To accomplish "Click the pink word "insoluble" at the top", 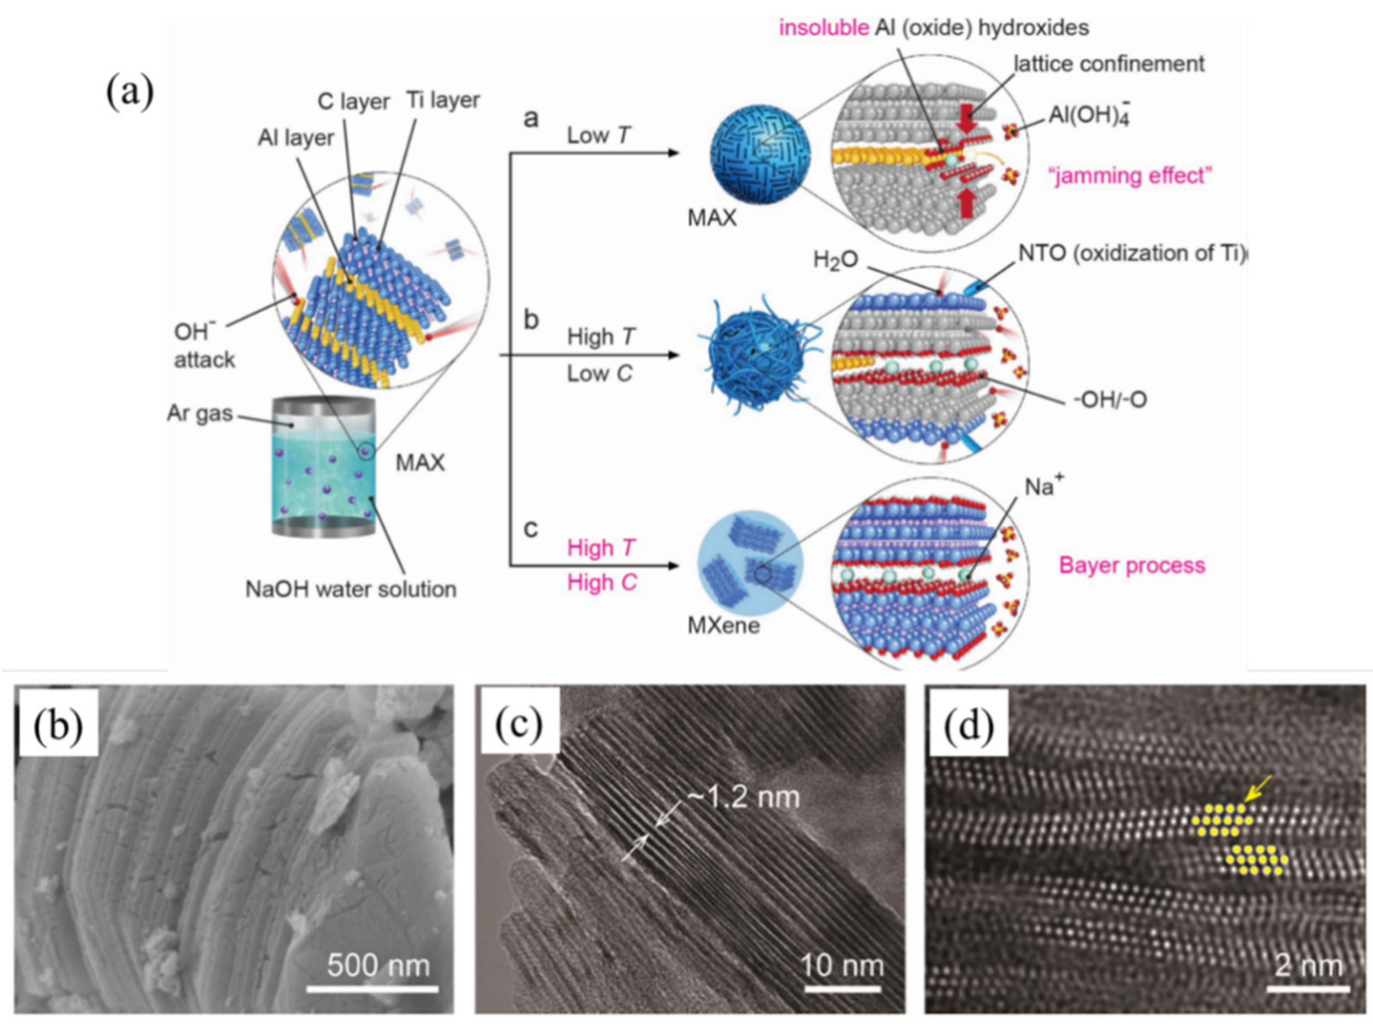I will click(824, 28).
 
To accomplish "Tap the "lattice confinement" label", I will click(1109, 64).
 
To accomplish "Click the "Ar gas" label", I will click(200, 413).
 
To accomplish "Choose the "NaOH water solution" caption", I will click(351, 589).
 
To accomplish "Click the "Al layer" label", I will click(295, 138).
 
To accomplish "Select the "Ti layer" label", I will click(443, 100).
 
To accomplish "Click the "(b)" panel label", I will click(59, 727).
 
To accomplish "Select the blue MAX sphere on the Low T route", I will click(759, 163).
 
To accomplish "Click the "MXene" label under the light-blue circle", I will click(723, 626).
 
